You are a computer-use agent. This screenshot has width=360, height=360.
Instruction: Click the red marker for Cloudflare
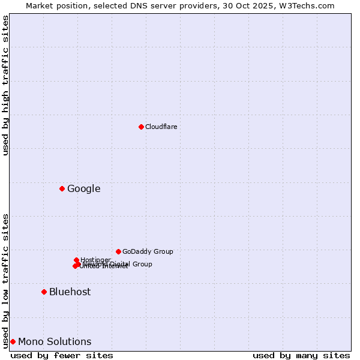point(141,127)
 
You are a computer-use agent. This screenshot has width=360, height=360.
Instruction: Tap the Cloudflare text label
point(161,127)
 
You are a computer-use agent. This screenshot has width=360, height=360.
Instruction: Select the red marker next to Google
point(62,188)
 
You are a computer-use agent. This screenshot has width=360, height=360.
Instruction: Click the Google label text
point(83,189)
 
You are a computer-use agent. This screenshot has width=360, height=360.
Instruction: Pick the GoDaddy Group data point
point(118,251)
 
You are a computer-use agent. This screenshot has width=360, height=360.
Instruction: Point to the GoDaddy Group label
point(148,251)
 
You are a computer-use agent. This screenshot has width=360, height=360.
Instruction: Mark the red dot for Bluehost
point(44,292)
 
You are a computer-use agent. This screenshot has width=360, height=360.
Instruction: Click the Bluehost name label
point(70,292)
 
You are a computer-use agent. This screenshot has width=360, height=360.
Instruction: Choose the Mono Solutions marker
point(13,341)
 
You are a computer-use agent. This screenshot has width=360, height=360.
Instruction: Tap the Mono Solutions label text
point(55,342)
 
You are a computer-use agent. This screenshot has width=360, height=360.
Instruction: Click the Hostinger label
point(96,260)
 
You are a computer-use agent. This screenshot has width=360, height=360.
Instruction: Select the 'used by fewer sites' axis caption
point(62,355)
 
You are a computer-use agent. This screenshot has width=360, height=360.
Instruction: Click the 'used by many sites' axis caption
point(301,355)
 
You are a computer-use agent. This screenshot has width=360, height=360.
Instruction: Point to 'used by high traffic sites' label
point(5,85)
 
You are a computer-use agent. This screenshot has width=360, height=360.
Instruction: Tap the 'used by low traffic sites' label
point(5,280)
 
